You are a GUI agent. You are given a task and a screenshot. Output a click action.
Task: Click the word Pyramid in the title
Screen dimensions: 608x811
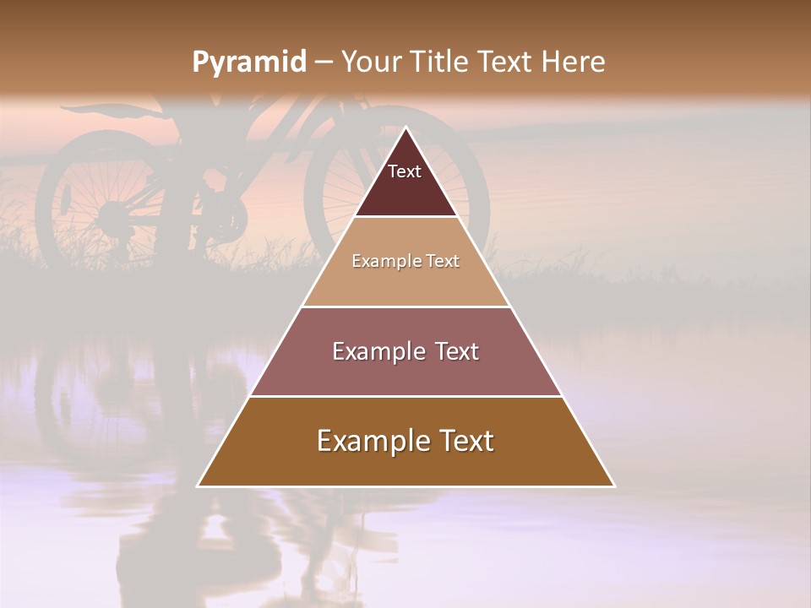click(x=248, y=62)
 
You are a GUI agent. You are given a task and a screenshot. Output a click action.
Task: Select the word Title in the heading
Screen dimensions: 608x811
click(x=441, y=62)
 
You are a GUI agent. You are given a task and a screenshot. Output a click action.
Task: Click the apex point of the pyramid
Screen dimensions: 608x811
click(x=406, y=128)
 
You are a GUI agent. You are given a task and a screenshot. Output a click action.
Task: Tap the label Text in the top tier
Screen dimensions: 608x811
click(x=405, y=171)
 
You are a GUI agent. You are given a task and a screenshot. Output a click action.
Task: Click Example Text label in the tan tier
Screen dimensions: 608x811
click(x=405, y=261)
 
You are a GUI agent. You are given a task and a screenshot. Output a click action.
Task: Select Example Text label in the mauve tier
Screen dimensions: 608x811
click(x=405, y=351)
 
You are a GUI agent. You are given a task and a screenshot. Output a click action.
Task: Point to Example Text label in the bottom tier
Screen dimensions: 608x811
click(x=405, y=441)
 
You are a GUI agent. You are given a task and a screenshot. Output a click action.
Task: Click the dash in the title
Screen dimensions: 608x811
click(x=324, y=62)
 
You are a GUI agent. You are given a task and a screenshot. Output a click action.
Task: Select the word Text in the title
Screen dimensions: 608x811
click(x=506, y=62)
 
